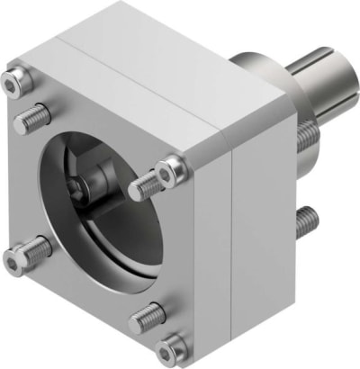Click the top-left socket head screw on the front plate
point(13,84)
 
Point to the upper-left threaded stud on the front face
point(31,116)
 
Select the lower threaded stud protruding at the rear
point(306,216)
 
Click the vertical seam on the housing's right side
point(237,243)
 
